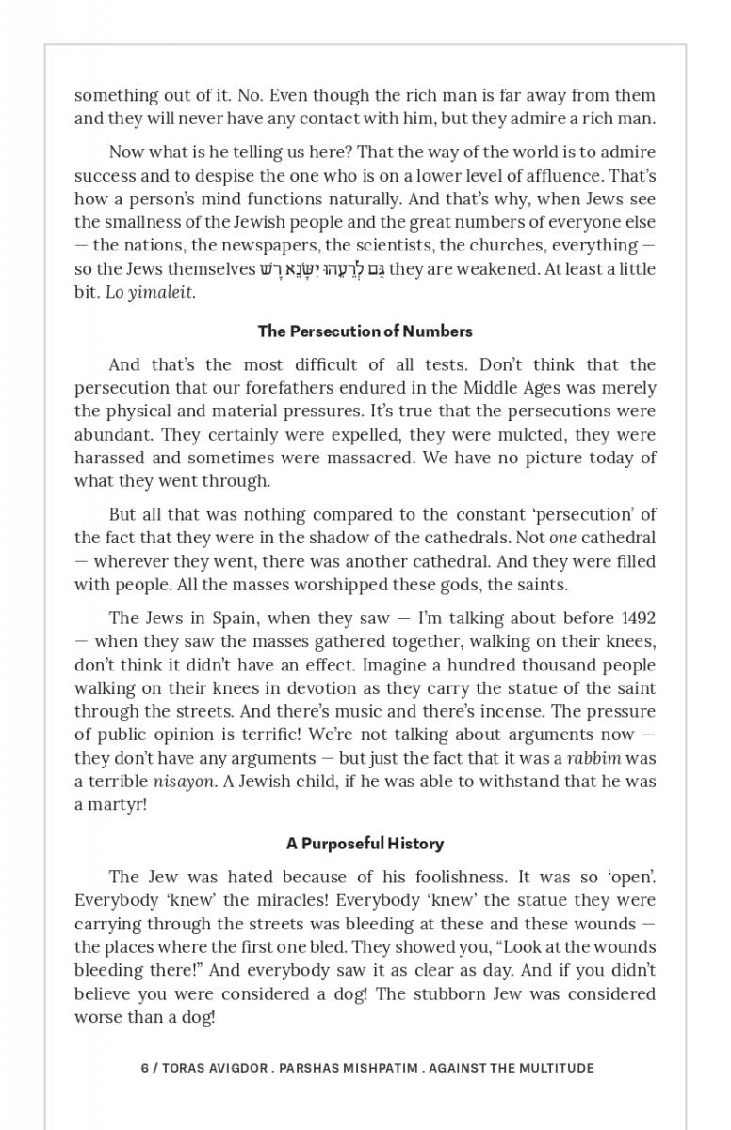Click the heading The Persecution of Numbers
[x=365, y=331]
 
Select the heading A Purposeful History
[x=365, y=844]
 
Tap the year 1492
[x=639, y=619]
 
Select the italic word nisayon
[x=184, y=782]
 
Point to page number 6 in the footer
[x=145, y=1068]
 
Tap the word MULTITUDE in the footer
[x=550, y=1068]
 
